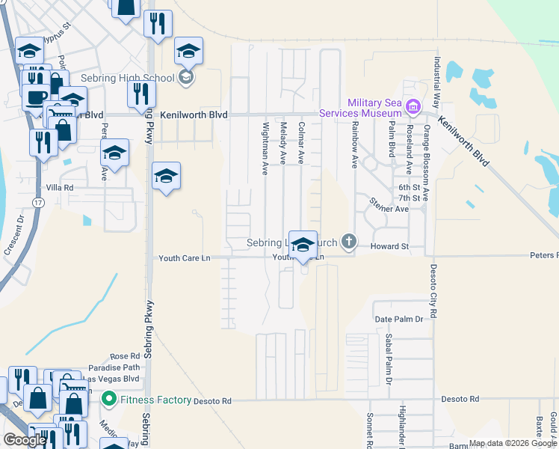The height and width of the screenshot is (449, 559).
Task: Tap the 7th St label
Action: (x=408, y=198)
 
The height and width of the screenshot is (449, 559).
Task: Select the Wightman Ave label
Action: (x=265, y=148)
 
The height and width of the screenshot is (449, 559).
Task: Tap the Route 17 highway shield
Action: (x=37, y=202)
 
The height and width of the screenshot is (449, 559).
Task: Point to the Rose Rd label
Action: (x=125, y=356)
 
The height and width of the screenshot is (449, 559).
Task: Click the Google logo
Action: (x=25, y=440)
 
